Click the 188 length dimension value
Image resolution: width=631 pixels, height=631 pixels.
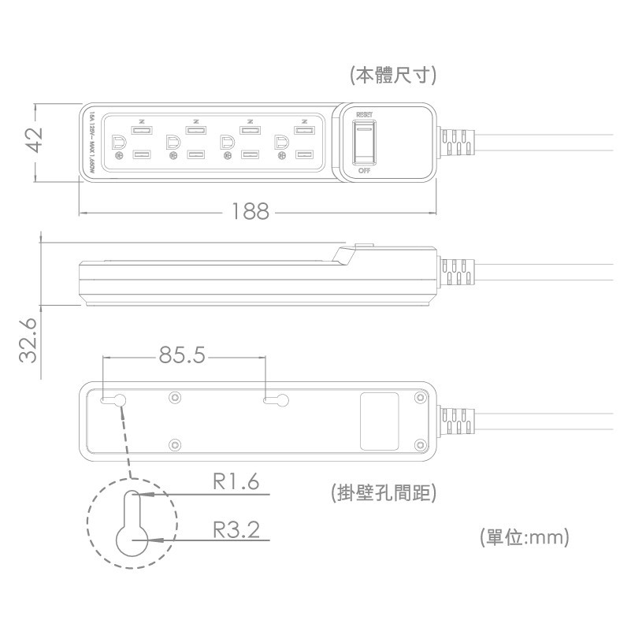click(251, 211)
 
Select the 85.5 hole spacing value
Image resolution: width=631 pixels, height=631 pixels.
click(182, 356)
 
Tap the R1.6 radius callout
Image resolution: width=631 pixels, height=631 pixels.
click(236, 481)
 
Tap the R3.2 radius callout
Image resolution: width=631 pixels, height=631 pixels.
click(236, 528)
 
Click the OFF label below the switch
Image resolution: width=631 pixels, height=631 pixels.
click(364, 170)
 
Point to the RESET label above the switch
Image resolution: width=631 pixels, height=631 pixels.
click(364, 115)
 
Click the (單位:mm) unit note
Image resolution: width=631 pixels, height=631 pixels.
click(524, 538)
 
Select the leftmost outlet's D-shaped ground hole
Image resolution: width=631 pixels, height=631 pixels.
click(120, 143)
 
